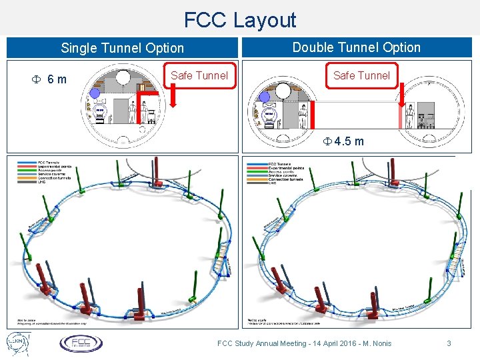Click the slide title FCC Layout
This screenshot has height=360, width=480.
point(239,19)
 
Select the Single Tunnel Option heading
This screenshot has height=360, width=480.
point(122,48)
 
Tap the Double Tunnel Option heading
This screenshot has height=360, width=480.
point(357,47)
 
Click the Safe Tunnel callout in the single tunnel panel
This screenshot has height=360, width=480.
point(199,75)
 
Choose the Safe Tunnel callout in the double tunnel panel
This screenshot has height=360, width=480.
point(361,75)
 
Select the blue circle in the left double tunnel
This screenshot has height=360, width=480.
point(265,97)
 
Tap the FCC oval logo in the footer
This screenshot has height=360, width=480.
point(81,343)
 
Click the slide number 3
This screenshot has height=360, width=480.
point(449,343)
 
